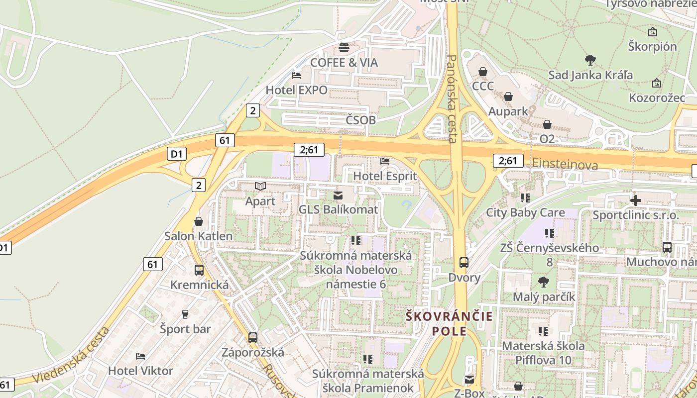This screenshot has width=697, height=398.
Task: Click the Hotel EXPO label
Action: [x=297, y=90]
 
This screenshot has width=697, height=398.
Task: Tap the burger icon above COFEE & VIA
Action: [x=344, y=48]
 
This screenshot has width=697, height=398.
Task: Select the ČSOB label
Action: [x=360, y=120]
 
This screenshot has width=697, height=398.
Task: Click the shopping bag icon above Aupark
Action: [x=508, y=97]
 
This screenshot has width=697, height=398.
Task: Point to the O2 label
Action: [x=547, y=139]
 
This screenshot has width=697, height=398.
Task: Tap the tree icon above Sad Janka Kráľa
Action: [x=590, y=61]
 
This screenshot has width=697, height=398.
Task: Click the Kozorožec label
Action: [x=657, y=98]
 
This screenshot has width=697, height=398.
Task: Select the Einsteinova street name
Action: [x=565, y=164]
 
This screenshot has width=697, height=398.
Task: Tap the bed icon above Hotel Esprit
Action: [x=385, y=161]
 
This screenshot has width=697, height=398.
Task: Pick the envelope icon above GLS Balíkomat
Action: [x=338, y=195]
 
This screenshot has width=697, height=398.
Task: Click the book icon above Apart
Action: [x=260, y=187]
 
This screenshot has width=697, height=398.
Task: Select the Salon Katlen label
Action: [x=199, y=236]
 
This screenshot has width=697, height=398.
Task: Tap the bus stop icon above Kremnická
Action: [x=199, y=270]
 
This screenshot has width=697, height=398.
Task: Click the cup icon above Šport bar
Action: [x=185, y=314]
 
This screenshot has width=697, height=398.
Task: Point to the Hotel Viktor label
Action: [x=141, y=371]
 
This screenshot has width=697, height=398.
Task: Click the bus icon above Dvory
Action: [x=464, y=263]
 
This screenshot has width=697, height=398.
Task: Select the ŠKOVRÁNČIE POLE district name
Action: [x=449, y=323]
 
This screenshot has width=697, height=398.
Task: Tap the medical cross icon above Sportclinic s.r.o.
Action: [x=635, y=200]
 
